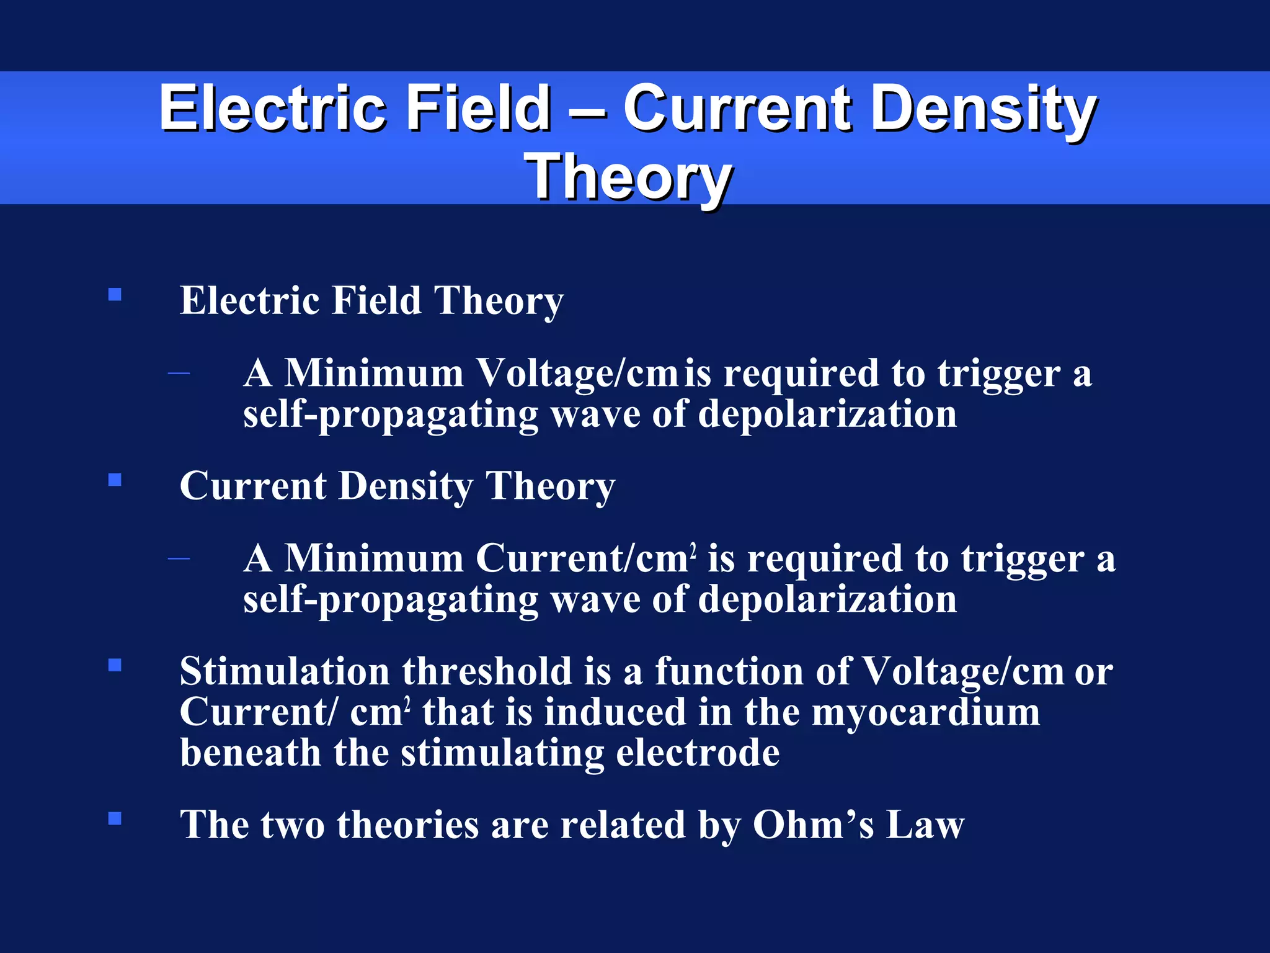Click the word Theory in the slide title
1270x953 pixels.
coord(628,177)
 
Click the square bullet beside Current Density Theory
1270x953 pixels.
coord(115,480)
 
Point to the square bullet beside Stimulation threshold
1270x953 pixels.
coord(115,665)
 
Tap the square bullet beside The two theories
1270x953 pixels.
coord(115,818)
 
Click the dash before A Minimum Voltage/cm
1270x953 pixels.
coord(179,373)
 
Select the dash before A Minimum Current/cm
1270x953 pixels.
coord(179,558)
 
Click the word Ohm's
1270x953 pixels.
coord(813,825)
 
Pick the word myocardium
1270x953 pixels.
coord(925,712)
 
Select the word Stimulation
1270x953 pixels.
coord(285,672)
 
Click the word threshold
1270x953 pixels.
coord(487,672)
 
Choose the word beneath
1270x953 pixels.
coord(250,753)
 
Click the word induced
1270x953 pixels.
coord(615,712)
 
